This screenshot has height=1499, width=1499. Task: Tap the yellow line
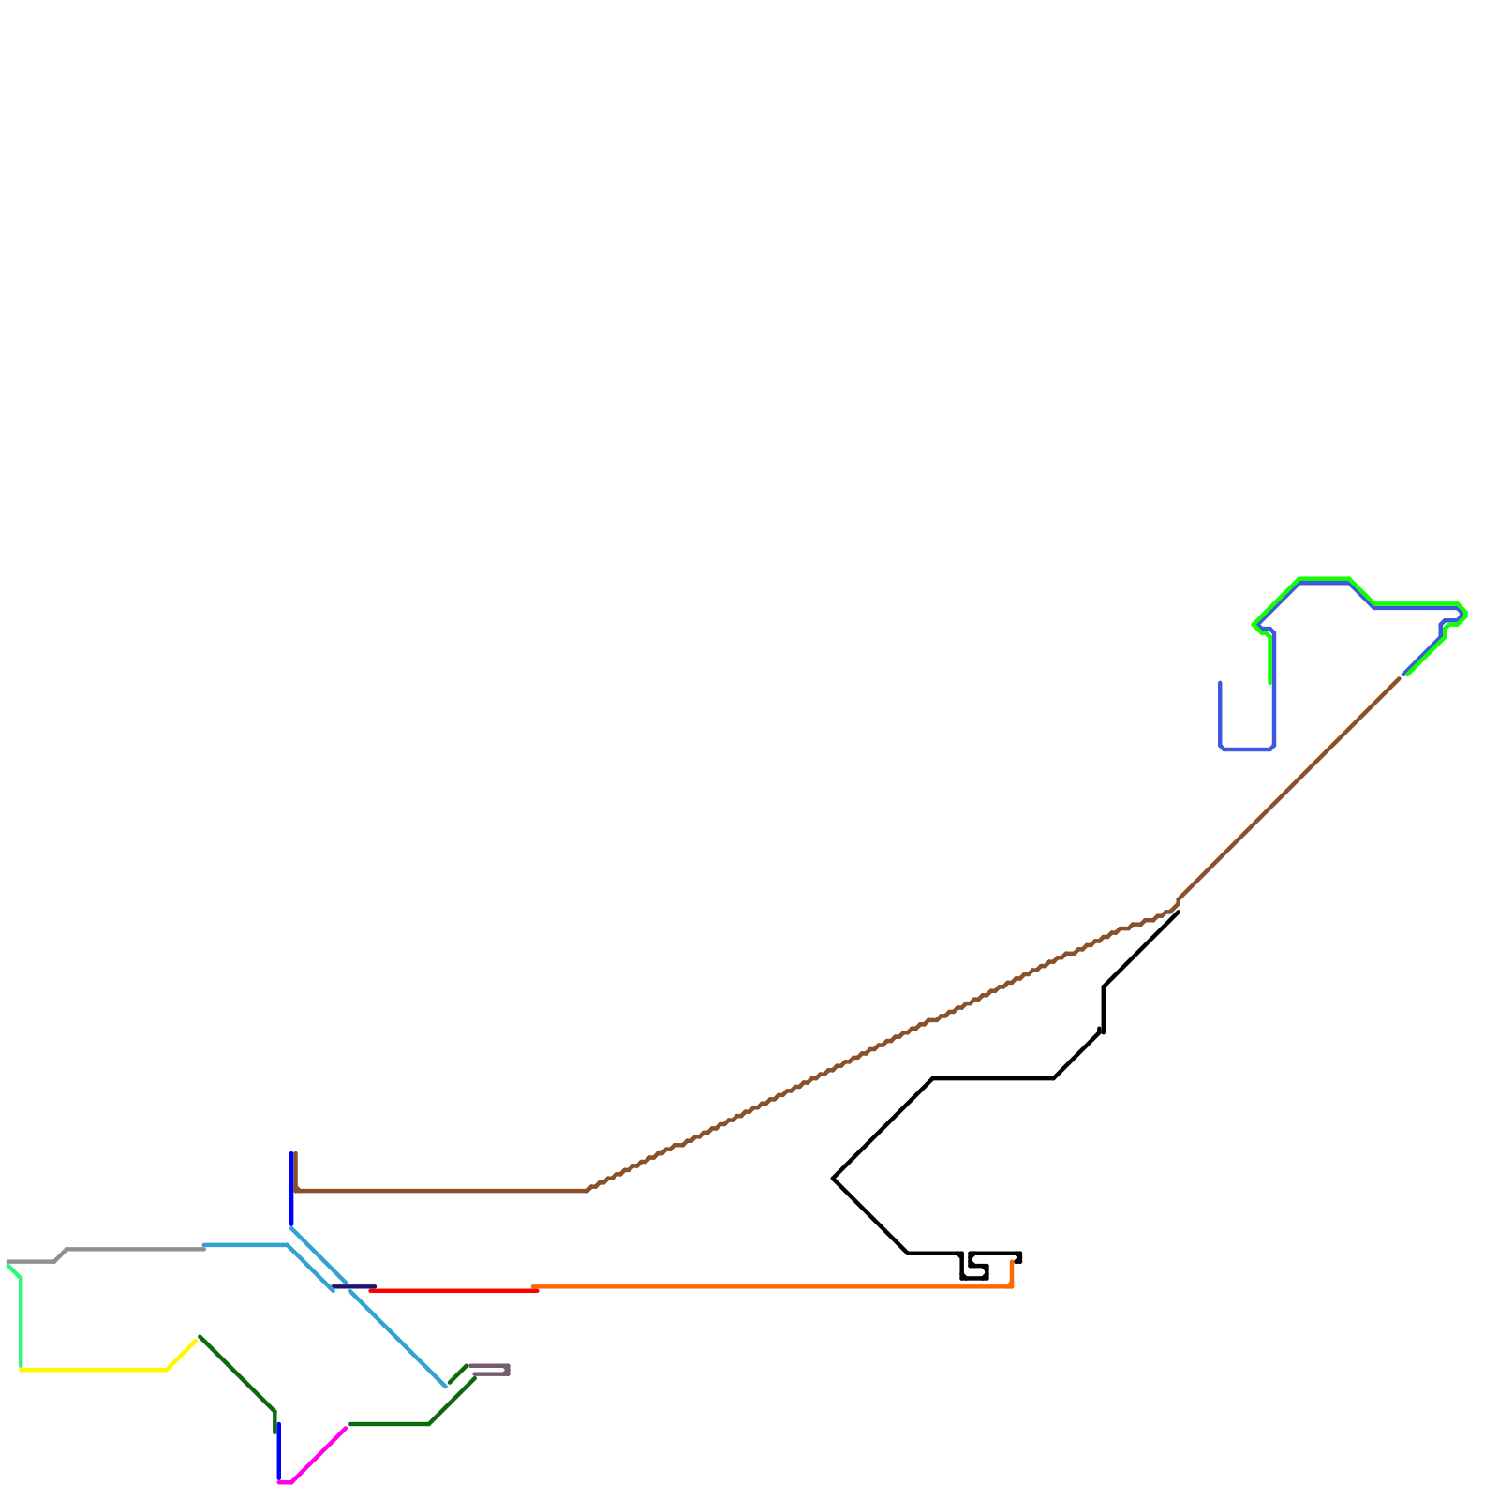[94, 1370]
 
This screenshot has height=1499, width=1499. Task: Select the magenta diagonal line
[319, 1455]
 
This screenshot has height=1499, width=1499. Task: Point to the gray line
[131, 1249]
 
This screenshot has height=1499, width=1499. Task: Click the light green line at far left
[21, 1321]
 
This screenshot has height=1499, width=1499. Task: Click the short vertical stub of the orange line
[1012, 1273]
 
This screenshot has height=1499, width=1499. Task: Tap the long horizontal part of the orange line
[768, 1286]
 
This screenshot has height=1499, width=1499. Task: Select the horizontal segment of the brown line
[440, 1190]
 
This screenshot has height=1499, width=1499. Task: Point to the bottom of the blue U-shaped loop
[1246, 749]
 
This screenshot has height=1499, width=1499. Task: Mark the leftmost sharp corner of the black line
[834, 1178]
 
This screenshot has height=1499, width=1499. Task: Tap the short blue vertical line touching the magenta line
[278, 1452]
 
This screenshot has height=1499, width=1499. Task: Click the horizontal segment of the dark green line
[389, 1424]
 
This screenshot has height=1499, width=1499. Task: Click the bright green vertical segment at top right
[1269, 660]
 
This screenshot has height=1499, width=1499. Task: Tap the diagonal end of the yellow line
[183, 1354]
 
